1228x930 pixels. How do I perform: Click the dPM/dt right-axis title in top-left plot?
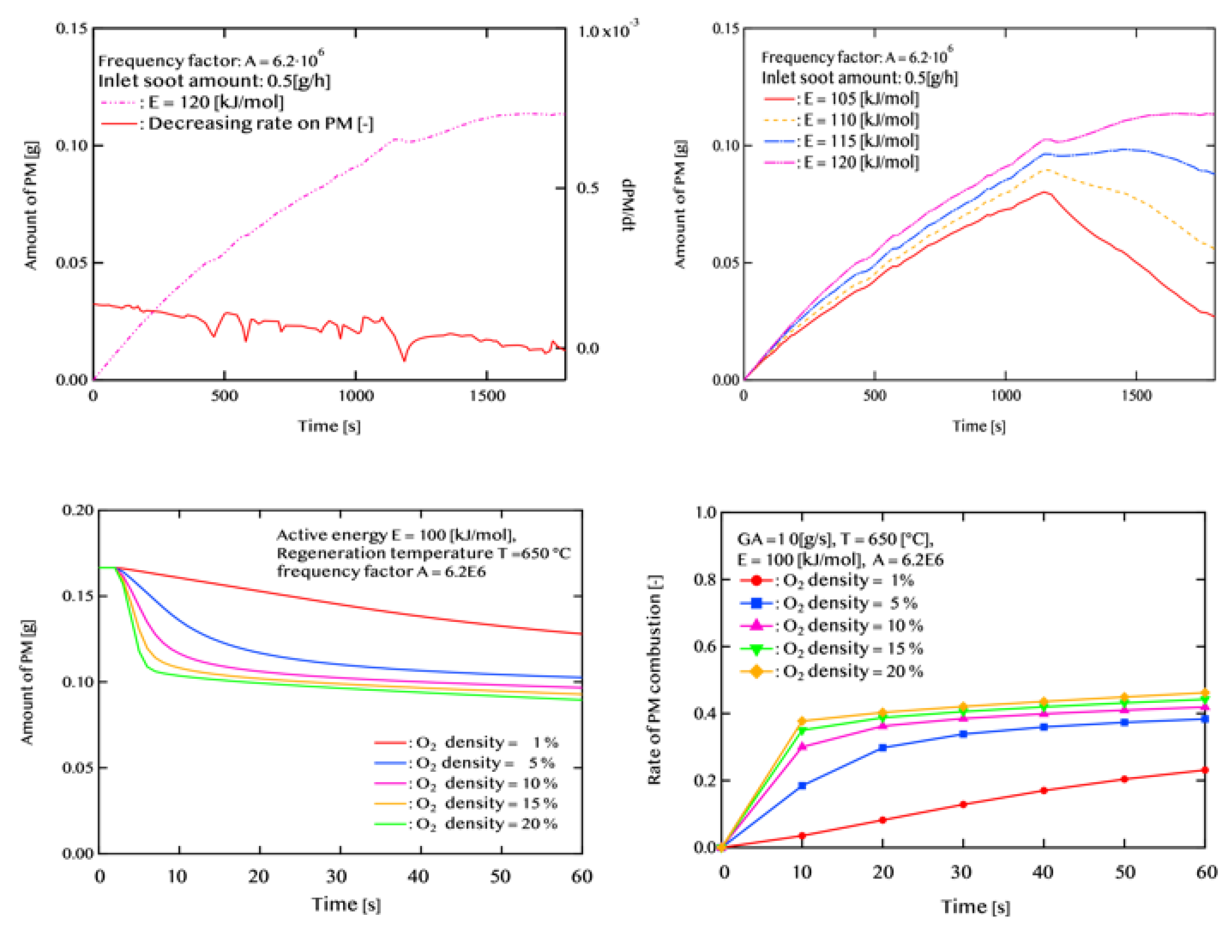point(628,206)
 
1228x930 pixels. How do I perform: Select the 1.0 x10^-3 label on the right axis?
point(607,30)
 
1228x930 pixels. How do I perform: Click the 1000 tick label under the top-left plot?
point(356,395)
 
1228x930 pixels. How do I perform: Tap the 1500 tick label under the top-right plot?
point(1136,395)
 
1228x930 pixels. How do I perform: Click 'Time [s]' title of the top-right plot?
point(979,427)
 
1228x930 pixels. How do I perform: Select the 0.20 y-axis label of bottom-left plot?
point(78,510)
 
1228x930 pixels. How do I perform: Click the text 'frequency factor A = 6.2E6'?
point(381,571)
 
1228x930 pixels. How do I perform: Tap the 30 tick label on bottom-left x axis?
point(337,876)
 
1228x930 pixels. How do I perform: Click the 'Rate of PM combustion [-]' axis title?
point(654,679)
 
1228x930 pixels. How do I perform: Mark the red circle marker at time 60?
point(1205,770)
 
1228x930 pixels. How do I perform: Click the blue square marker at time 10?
point(801,785)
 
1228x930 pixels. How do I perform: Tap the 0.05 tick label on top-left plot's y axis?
point(72,262)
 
